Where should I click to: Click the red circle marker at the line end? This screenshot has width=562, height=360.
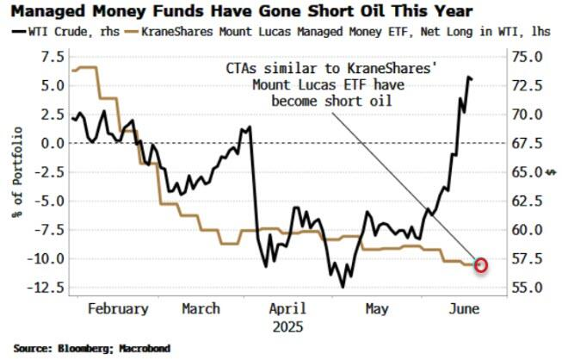click(481, 264)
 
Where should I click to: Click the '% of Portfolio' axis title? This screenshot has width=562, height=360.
click(18, 172)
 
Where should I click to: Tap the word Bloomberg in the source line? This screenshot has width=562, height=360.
click(83, 349)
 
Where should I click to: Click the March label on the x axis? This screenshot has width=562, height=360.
click(201, 309)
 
